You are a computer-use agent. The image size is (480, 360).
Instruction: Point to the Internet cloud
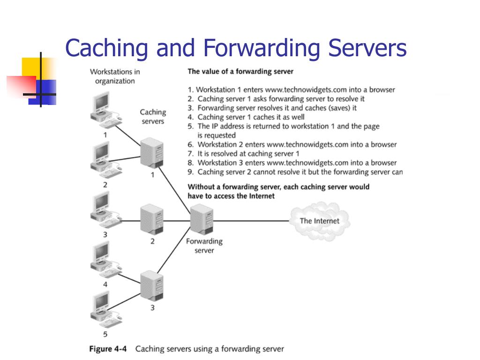pos(319,221)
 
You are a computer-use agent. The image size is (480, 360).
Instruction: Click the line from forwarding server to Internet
pos(253,221)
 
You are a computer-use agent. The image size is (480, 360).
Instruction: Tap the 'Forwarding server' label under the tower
pos(204,246)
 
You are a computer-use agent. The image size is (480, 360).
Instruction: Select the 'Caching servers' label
pos(153,117)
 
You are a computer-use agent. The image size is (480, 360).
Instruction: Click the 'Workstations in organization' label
pos(115,76)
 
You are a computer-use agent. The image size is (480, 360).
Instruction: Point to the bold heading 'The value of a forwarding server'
pos(240,72)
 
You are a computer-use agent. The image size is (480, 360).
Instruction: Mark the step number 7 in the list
pos(190,154)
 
